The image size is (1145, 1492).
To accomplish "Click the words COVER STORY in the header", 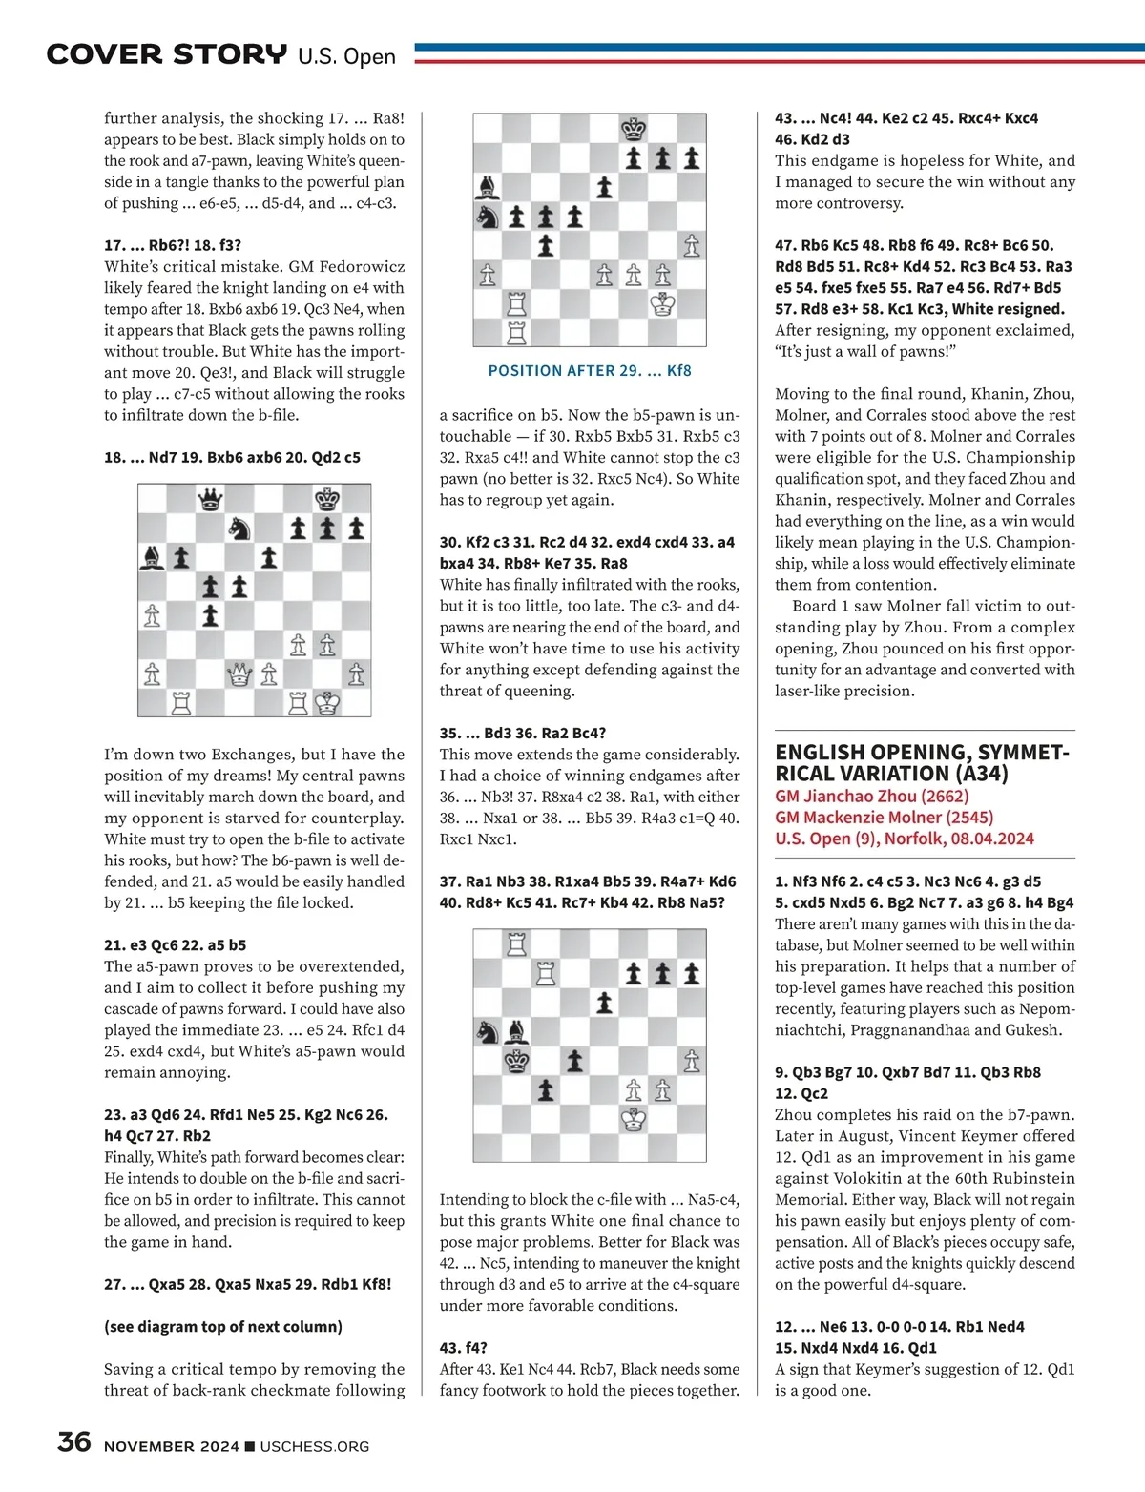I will tap(166, 54).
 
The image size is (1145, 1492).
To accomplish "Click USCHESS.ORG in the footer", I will tap(314, 1446).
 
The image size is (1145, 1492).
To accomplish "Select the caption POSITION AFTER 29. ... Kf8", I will tap(590, 370).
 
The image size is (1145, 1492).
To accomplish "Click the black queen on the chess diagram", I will tap(210, 498).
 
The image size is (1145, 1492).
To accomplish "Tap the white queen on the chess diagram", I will tap(239, 674).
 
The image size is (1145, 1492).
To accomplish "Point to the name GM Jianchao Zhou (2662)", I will tap(871, 796).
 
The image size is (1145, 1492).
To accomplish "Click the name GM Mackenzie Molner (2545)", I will tap(884, 817).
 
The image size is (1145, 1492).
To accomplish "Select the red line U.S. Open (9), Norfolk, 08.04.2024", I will tap(904, 839).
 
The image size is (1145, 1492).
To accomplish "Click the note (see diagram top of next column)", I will tap(223, 1326).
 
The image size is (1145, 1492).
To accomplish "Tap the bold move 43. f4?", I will tap(464, 1347).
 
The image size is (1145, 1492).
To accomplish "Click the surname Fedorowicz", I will tap(354, 267).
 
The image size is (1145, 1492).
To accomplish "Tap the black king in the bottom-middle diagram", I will tap(516, 1060).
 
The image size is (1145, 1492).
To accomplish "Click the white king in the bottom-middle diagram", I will tap(634, 1119).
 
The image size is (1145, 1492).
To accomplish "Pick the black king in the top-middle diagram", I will tap(634, 129).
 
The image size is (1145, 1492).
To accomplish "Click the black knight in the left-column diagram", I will tap(239, 528).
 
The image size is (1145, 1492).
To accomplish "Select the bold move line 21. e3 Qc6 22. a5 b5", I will tap(176, 944).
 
